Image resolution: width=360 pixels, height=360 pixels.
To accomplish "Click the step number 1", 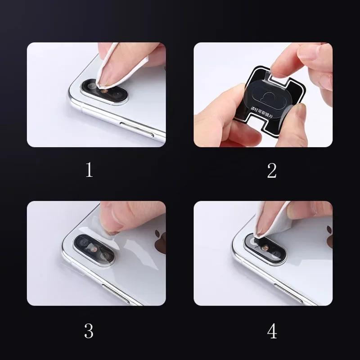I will [x=89, y=170].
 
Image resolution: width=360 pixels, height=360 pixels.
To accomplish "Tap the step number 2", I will [x=272, y=170].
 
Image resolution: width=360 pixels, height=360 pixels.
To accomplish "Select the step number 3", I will [x=89, y=331].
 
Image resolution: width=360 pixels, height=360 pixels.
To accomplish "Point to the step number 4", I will [x=272, y=331].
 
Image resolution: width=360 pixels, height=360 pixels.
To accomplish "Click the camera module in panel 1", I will [x=104, y=90].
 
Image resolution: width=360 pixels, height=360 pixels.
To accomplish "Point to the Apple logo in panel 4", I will [x=329, y=238].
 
